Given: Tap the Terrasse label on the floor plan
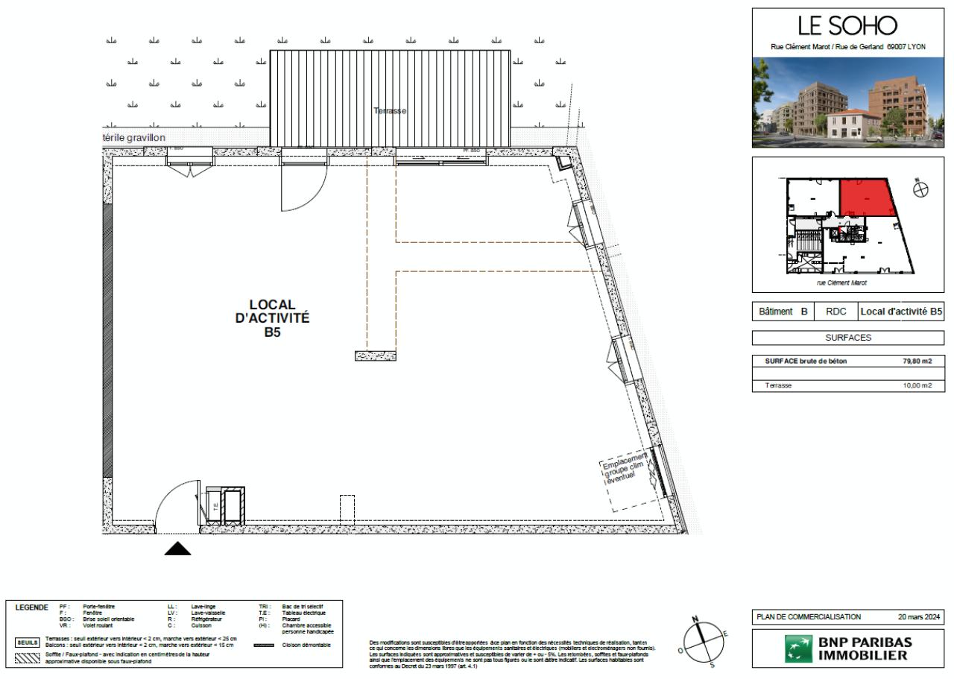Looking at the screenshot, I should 391,110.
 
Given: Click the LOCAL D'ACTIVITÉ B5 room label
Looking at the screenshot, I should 268,318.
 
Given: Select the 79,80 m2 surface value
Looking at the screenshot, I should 917,361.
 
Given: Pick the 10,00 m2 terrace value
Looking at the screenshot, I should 917,385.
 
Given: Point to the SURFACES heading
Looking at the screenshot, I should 847,338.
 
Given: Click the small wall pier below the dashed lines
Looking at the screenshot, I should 375,356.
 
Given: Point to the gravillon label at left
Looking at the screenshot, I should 134,138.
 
